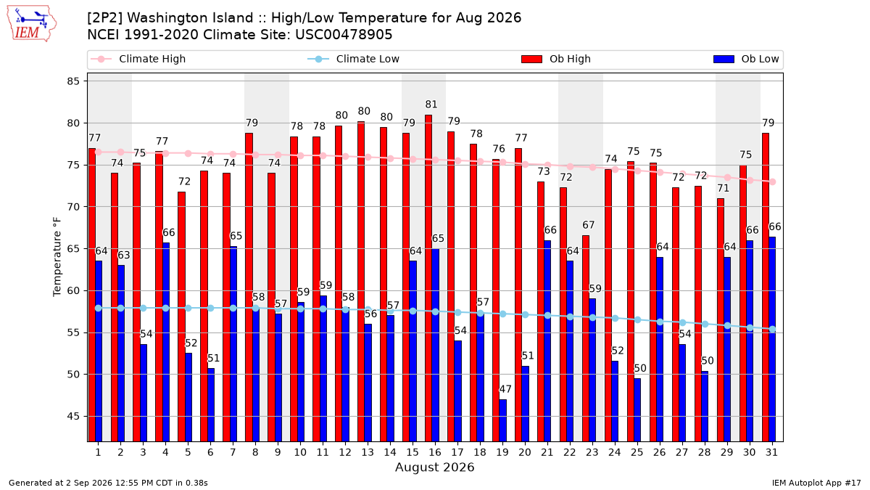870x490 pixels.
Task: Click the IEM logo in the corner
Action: (x=32, y=23)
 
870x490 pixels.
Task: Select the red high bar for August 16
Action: (x=428, y=278)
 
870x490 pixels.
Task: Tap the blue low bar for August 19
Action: (x=502, y=420)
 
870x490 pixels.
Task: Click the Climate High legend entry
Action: (x=138, y=59)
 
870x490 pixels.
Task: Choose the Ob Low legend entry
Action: (x=746, y=59)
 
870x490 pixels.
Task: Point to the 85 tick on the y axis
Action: (x=73, y=81)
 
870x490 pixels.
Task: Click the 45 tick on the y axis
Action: (x=73, y=417)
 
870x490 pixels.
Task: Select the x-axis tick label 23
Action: (x=592, y=452)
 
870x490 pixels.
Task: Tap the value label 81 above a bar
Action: (x=431, y=105)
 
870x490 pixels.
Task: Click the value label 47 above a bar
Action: (x=505, y=389)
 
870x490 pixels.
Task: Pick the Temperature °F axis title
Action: (x=57, y=257)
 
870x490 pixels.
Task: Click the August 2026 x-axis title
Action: (x=434, y=467)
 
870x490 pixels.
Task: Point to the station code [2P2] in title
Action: (x=105, y=18)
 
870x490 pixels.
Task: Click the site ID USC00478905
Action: (x=344, y=35)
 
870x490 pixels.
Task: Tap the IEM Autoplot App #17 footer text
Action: (x=816, y=483)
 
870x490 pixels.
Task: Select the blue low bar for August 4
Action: (x=166, y=342)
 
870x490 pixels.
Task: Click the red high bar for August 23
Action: (x=586, y=338)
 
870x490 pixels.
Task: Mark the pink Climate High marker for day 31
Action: (x=773, y=181)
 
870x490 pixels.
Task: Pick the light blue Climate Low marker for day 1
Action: (x=99, y=308)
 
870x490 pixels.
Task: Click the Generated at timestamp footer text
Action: (x=108, y=483)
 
